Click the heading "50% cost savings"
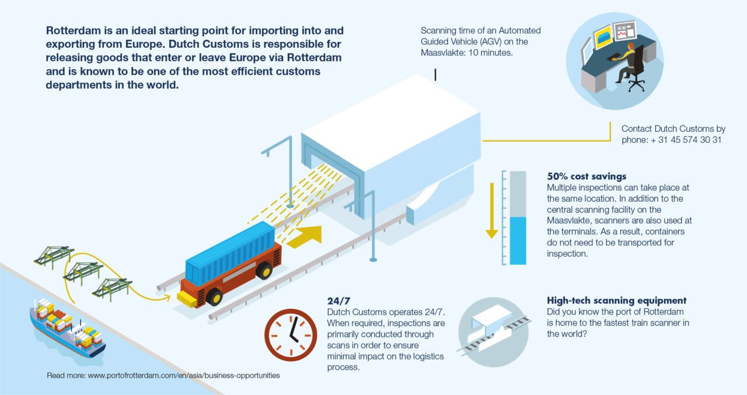tap(586, 176)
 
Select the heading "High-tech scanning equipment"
tap(616, 300)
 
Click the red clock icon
tap(291, 334)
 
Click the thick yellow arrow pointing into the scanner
tap(306, 236)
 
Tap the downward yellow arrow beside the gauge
tap(491, 210)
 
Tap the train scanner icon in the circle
tap(493, 332)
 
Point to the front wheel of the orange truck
tap(214, 297)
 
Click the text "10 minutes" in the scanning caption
tap(493, 53)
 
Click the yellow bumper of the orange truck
tap(187, 299)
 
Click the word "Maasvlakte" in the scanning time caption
tap(444, 53)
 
